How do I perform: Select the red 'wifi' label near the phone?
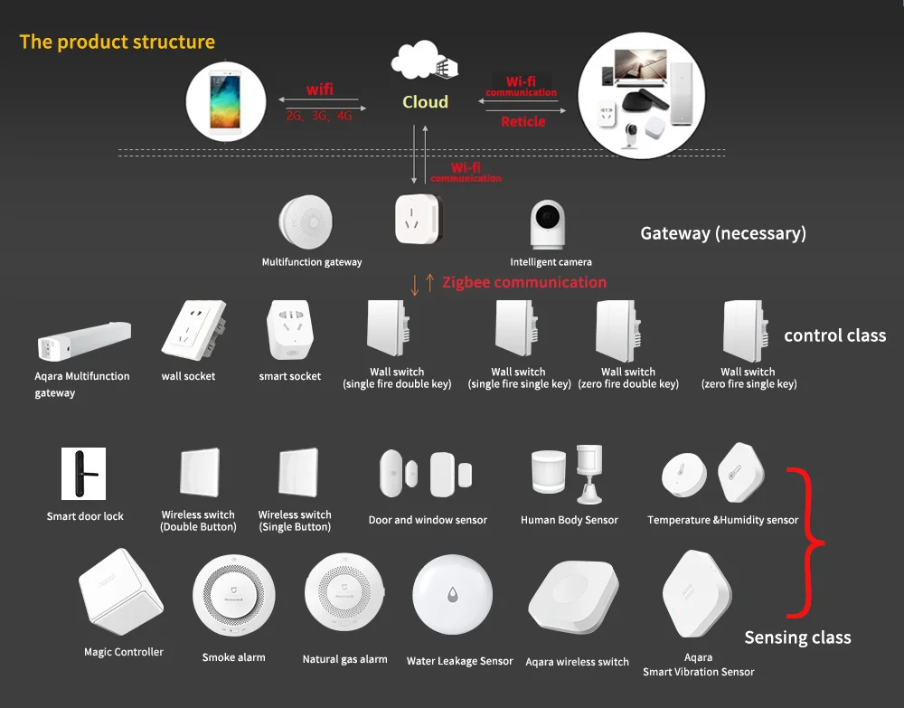point(319,90)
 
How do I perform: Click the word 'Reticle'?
point(523,121)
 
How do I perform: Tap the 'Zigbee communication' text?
point(524,282)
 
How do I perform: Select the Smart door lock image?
point(83,474)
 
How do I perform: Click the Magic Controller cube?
point(120,594)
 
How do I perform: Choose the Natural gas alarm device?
point(344,596)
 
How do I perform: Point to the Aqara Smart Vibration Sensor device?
point(696,595)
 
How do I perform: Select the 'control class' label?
point(834,335)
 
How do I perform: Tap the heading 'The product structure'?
point(118,42)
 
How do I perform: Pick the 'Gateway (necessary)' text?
point(723,233)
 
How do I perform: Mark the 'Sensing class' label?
point(797,637)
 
